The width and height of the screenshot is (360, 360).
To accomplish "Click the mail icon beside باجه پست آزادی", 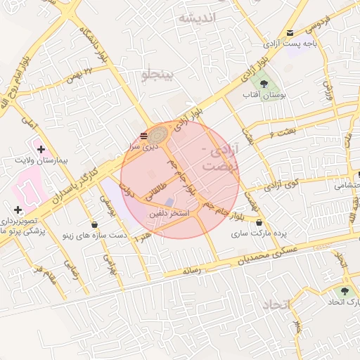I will point(290,33).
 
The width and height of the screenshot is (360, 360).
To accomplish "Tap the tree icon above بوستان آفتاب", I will point(264,84).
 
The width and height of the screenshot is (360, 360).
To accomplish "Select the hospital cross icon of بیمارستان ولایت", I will point(41,149).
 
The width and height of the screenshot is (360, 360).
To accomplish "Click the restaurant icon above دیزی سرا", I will point(143,134).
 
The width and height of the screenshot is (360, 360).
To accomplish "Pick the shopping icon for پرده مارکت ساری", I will point(260,223).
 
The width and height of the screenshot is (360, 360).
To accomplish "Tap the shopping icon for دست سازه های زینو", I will point(95,224).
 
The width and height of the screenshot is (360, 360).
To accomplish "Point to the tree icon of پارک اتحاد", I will point(344,290).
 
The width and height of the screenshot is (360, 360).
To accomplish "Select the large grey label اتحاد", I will point(276,304).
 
